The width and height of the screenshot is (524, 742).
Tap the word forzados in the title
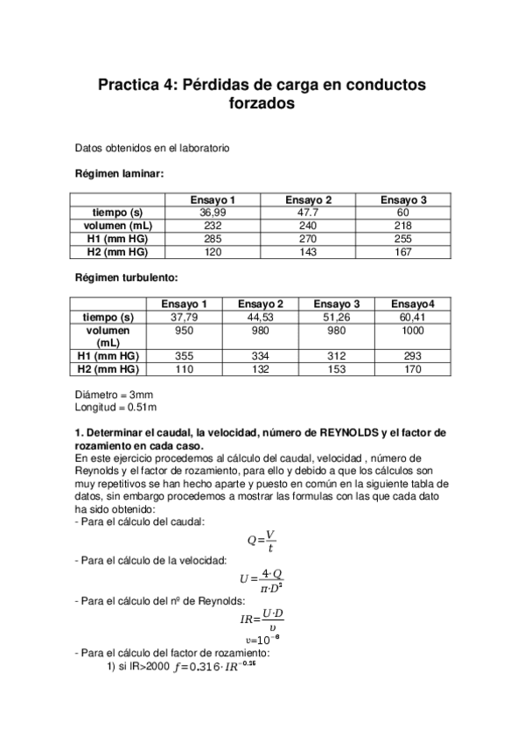tap(262, 103)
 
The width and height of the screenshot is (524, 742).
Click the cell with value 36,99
tap(213, 213)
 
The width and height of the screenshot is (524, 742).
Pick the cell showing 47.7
tap(308, 213)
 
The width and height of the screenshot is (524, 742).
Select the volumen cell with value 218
tap(403, 226)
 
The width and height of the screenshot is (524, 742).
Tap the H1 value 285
tap(213, 238)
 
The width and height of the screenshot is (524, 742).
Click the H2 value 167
tap(403, 251)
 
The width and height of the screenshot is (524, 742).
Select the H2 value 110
tap(182, 369)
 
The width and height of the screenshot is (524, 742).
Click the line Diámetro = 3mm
tap(115, 394)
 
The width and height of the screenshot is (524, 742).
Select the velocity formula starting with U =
tap(261, 579)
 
